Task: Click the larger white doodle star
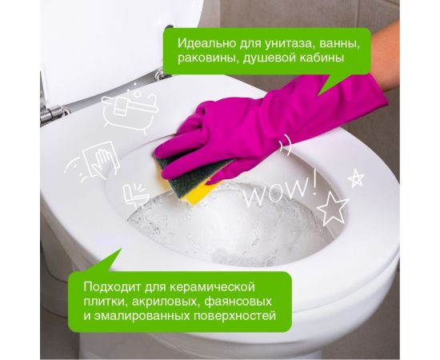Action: [332, 209]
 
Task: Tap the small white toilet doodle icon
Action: [134, 194]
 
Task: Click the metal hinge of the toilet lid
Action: [49, 114]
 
